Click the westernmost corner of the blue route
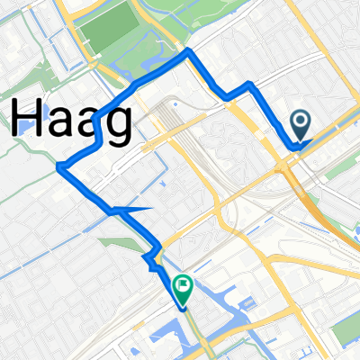[59, 166]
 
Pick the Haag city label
[71, 120]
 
